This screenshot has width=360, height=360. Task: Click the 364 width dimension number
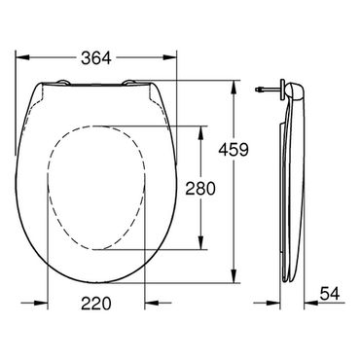click(x=96, y=58)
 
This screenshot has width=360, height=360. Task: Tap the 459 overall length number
click(x=234, y=150)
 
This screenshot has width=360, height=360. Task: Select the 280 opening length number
click(x=200, y=189)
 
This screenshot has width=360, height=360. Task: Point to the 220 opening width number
click(x=96, y=304)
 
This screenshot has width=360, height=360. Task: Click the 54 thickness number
click(x=330, y=294)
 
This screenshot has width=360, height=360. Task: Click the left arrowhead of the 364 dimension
click(x=22, y=57)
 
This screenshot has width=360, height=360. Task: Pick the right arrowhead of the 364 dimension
click(x=169, y=57)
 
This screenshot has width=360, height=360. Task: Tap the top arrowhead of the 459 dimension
click(x=234, y=88)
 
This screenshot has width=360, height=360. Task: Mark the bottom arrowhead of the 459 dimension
click(x=234, y=275)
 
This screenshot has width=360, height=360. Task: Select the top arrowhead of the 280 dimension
click(x=201, y=133)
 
